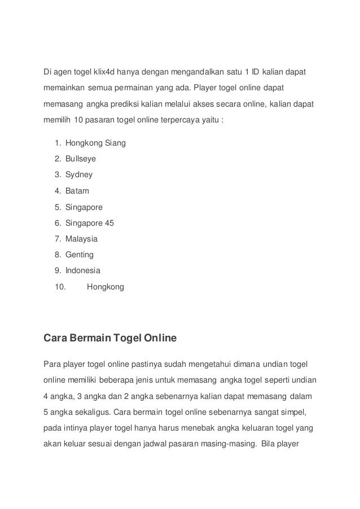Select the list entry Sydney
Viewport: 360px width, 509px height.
pyautogui.click(x=79, y=175)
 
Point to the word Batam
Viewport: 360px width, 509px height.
pyautogui.click(x=77, y=191)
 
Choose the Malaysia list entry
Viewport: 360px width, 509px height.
pyautogui.click(x=81, y=239)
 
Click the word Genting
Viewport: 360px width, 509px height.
pyautogui.click(x=80, y=254)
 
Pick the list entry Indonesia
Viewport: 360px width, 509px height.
pyautogui.click(x=83, y=270)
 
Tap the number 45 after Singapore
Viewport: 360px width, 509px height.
pyautogui.click(x=109, y=223)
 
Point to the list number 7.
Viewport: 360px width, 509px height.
pyautogui.click(x=58, y=239)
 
